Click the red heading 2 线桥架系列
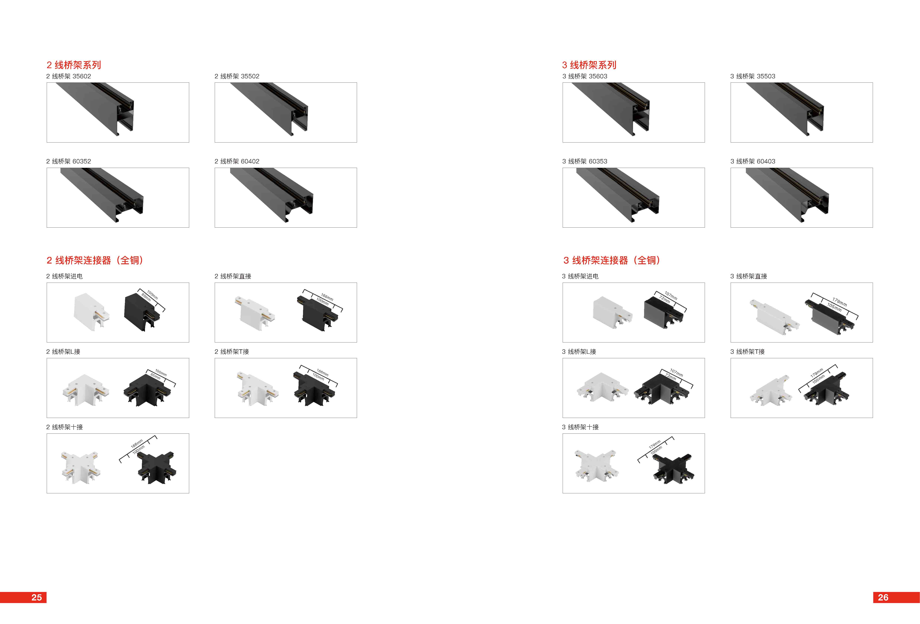(x=74, y=65)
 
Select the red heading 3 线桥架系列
(x=589, y=65)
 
